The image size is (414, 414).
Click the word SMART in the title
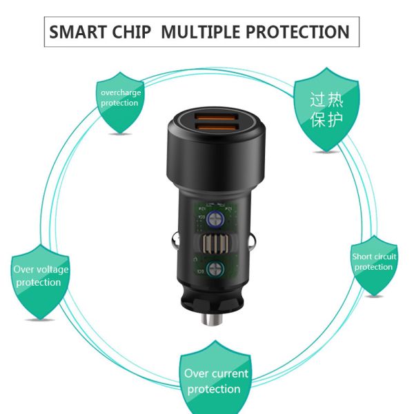(77, 32)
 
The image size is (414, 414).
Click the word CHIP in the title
(131, 32)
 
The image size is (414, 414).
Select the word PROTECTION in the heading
(297, 32)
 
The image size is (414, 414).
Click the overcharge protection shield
(120, 102)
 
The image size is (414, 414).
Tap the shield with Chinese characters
(326, 110)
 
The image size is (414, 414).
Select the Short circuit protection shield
(374, 266)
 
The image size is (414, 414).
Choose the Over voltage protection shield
(40, 282)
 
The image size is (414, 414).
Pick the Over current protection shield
(215, 377)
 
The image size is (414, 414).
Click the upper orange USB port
(216, 117)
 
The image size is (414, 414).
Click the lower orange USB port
(216, 128)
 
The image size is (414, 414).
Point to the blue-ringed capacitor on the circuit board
(215, 219)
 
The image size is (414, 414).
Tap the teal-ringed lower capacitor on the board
(215, 269)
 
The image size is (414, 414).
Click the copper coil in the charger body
(215, 244)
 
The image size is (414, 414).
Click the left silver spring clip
(175, 241)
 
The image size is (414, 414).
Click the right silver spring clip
(253, 241)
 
